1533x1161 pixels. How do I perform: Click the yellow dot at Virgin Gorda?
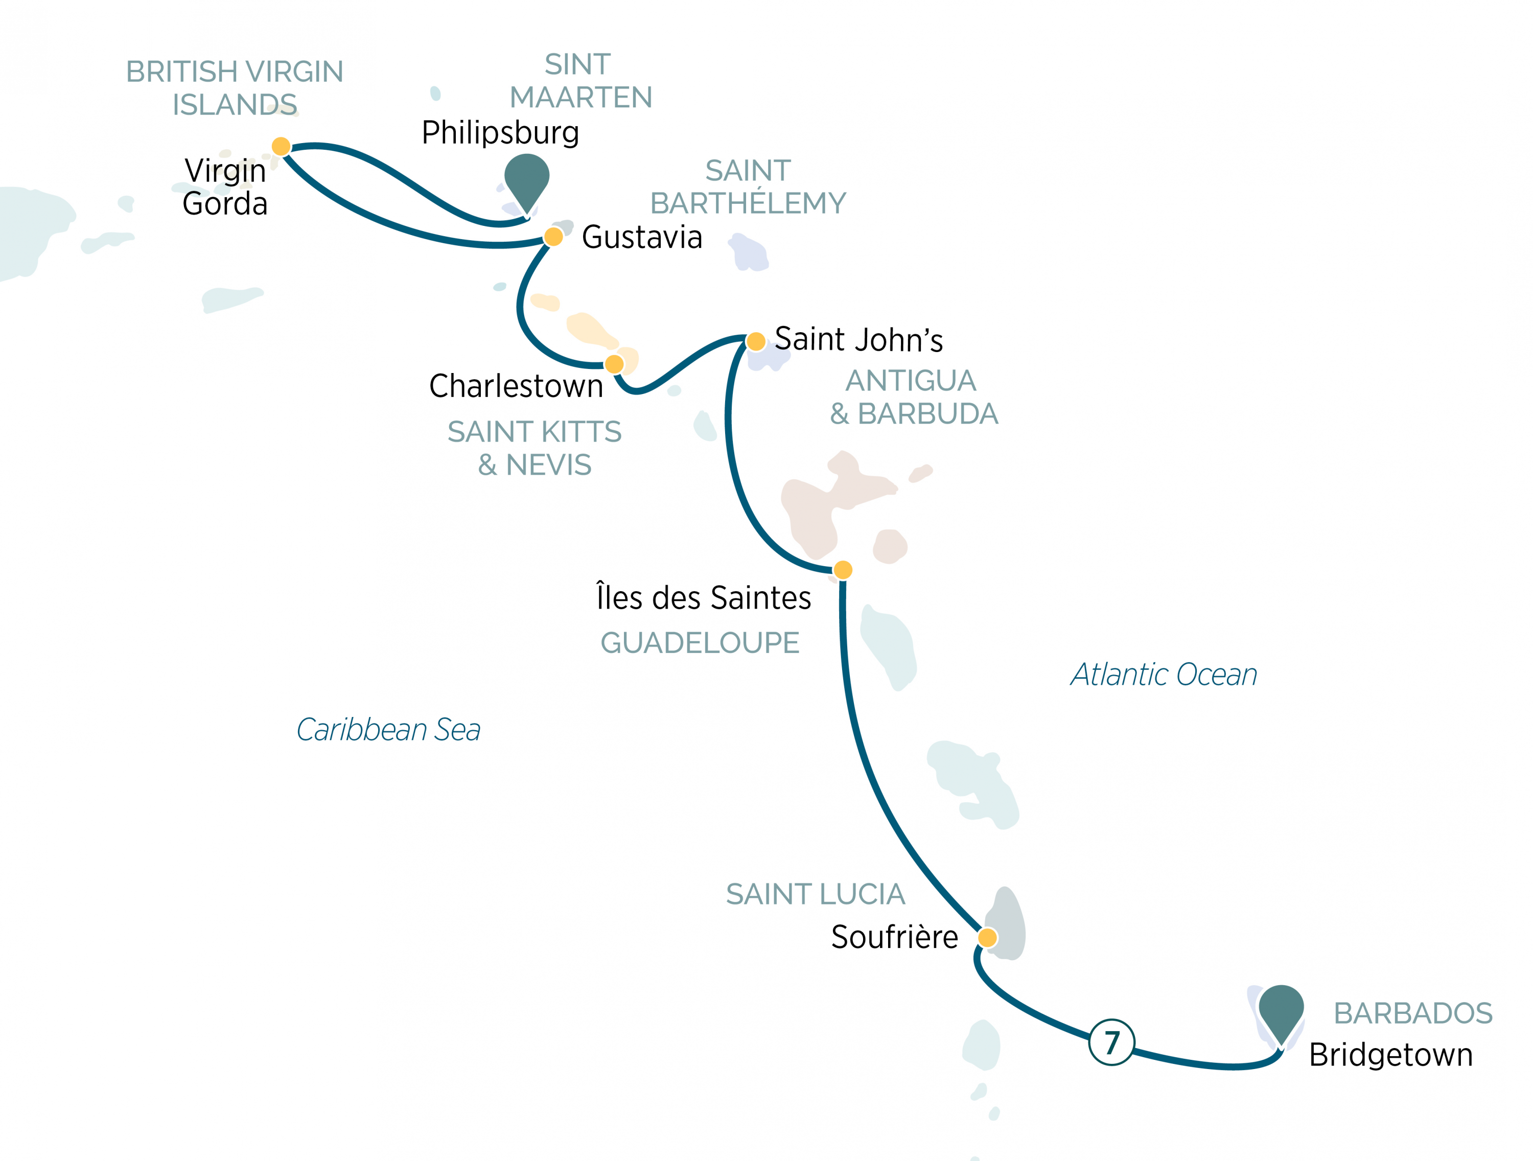point(281,146)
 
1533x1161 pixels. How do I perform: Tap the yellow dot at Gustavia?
point(553,237)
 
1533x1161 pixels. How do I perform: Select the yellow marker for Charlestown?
point(614,364)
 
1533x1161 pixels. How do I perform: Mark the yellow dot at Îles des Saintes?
point(843,570)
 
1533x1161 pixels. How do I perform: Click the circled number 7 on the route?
point(1111,1042)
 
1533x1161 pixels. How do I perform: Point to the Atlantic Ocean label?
point(1164,675)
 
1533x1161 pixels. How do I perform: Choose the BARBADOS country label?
point(1412,1013)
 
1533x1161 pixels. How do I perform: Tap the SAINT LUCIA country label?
point(815,894)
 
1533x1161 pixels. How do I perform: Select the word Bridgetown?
point(1390,1055)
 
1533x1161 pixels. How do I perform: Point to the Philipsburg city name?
point(500,132)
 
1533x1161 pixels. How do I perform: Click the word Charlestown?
point(516,386)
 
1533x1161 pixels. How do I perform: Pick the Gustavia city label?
point(642,237)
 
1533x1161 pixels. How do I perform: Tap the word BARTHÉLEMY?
point(748,203)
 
